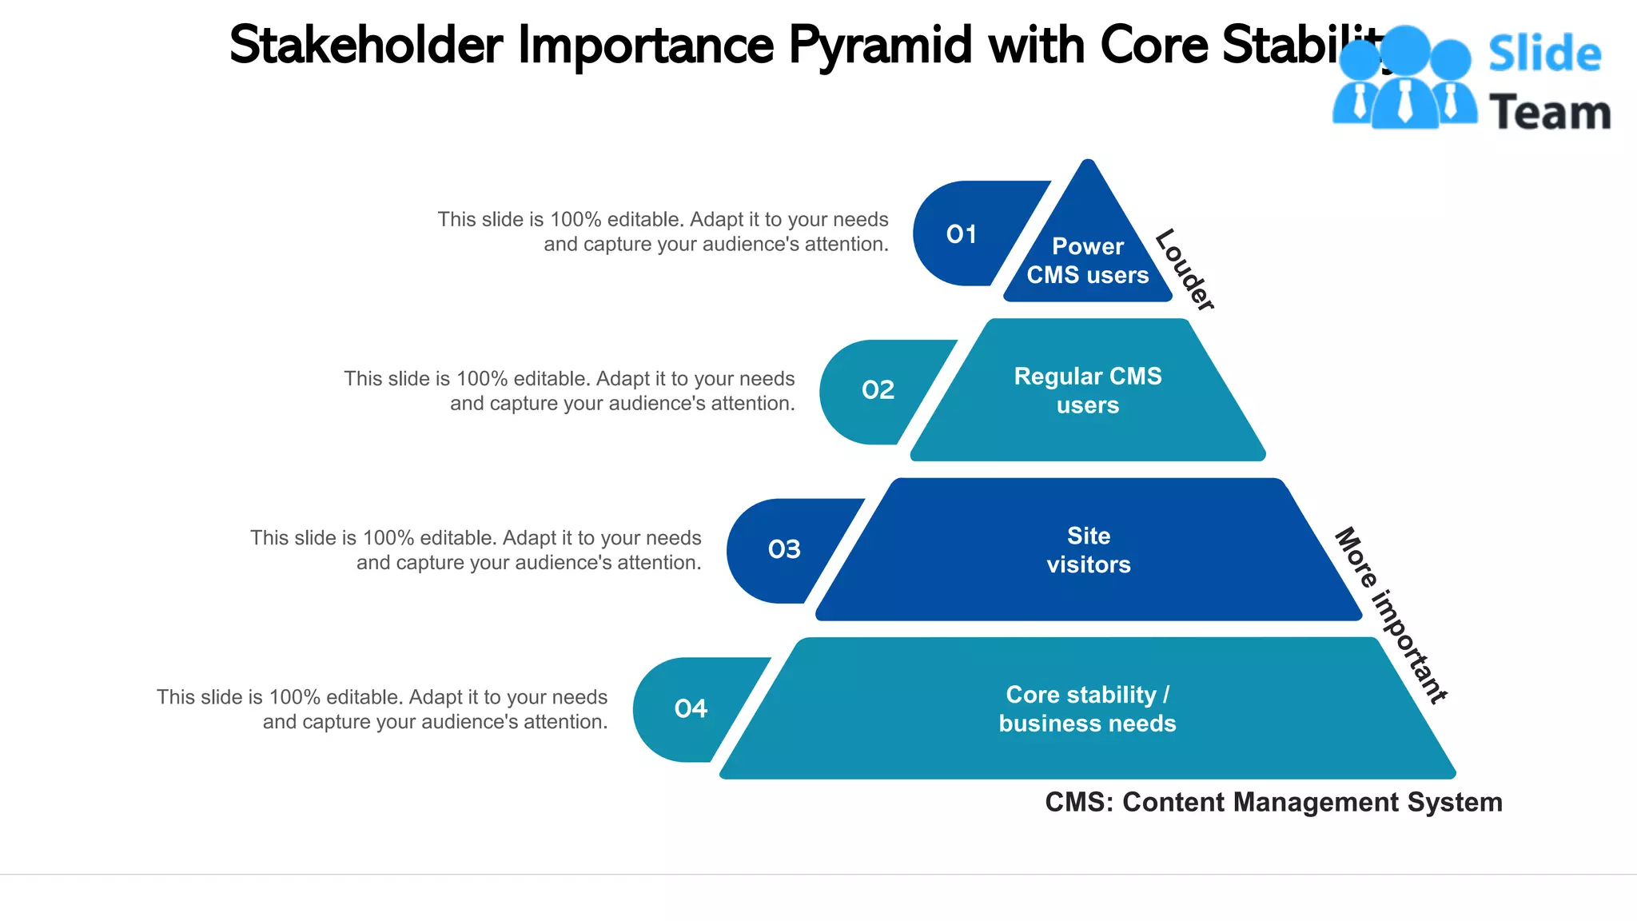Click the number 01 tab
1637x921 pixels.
pyautogui.click(x=962, y=234)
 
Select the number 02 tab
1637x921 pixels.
pyautogui.click(x=878, y=390)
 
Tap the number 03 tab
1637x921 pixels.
pyautogui.click(x=784, y=549)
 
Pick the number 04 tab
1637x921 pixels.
pyautogui.click(x=691, y=708)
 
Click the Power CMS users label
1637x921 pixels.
pyautogui.click(x=1087, y=261)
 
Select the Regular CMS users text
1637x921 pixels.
pyautogui.click(x=1087, y=390)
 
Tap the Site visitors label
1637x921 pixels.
pyautogui.click(x=1088, y=550)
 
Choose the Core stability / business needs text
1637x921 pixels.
pyautogui.click(x=1087, y=709)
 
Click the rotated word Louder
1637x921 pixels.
pyautogui.click(x=1185, y=269)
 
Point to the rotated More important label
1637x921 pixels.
pyautogui.click(x=1392, y=615)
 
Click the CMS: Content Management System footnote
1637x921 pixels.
pyautogui.click(x=1273, y=802)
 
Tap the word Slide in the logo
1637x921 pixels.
pyautogui.click(x=1544, y=54)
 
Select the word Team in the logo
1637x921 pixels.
pyautogui.click(x=1549, y=113)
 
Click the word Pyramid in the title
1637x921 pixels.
pyautogui.click(x=880, y=46)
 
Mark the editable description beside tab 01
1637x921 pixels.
pyautogui.click(x=663, y=232)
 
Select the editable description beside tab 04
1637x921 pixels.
pyautogui.click(x=382, y=709)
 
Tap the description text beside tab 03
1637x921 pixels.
pyautogui.click(x=476, y=550)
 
